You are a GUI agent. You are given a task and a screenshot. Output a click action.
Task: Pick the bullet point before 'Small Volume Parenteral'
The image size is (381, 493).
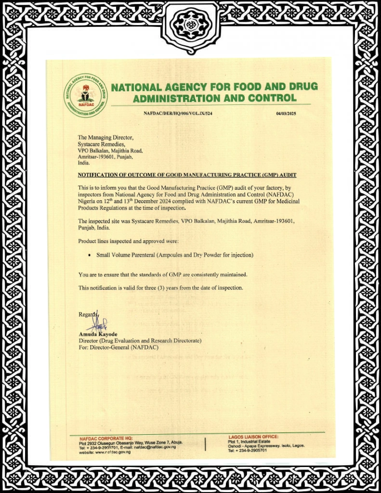(90, 255)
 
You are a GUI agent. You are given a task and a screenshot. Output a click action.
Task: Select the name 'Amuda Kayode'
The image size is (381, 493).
(98, 334)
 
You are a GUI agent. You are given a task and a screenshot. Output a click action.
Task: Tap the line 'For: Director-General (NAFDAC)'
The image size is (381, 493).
(118, 347)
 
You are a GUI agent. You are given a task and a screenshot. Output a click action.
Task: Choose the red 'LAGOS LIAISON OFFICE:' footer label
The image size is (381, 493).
(253, 436)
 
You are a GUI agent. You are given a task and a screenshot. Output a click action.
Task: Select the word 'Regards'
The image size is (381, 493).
(88, 315)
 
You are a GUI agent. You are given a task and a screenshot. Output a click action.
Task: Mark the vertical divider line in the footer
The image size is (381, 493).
(205, 444)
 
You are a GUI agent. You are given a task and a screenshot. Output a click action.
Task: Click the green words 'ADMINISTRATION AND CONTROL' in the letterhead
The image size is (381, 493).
(215, 99)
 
